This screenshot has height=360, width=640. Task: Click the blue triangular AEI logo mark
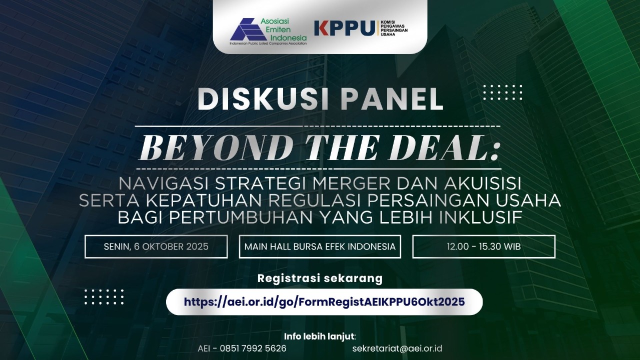pos(247,29)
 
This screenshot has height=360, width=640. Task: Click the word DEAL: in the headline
pos(442,148)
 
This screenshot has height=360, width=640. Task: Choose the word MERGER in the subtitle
pos(351,183)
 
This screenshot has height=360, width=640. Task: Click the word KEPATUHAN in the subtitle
pos(203,200)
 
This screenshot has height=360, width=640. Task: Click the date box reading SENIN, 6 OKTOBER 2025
pos(156,246)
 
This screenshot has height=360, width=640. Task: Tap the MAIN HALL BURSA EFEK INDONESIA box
pos(320,246)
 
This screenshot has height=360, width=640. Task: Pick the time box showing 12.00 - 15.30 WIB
pos(483,246)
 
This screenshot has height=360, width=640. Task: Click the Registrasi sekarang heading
pos(320,278)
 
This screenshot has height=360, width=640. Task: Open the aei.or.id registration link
pos(324,301)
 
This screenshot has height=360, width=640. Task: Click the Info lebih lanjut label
pos(320,336)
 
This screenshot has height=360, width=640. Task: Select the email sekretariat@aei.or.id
pos(397,348)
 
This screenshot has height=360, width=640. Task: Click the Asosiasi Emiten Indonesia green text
pos(283,29)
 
